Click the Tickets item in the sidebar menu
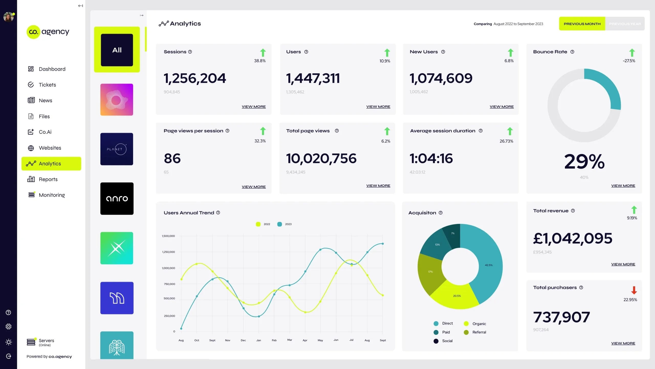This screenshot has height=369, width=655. click(x=47, y=85)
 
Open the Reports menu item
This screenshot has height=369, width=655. click(x=48, y=179)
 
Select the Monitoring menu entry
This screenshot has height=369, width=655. click(x=51, y=195)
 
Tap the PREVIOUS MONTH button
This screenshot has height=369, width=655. click(x=582, y=24)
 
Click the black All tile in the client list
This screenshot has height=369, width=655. click(x=117, y=50)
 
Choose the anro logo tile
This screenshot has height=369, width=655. click(x=117, y=199)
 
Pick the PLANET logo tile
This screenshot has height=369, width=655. click(x=117, y=149)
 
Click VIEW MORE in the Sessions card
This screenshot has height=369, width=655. click(x=254, y=107)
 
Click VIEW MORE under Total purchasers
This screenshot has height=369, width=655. click(x=623, y=343)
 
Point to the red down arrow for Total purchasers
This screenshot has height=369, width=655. click(x=634, y=290)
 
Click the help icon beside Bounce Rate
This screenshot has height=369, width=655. click(x=572, y=52)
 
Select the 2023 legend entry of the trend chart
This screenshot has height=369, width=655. click(x=285, y=224)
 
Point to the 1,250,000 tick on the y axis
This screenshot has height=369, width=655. click(x=169, y=252)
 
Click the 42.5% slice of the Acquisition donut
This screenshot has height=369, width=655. click(x=488, y=265)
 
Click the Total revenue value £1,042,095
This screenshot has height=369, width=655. click(x=573, y=239)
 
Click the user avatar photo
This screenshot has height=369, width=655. click(x=8, y=17)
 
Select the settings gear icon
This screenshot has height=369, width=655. click(x=8, y=326)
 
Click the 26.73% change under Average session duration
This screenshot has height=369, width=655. click(x=506, y=141)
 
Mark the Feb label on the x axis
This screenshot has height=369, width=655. click(x=274, y=340)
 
